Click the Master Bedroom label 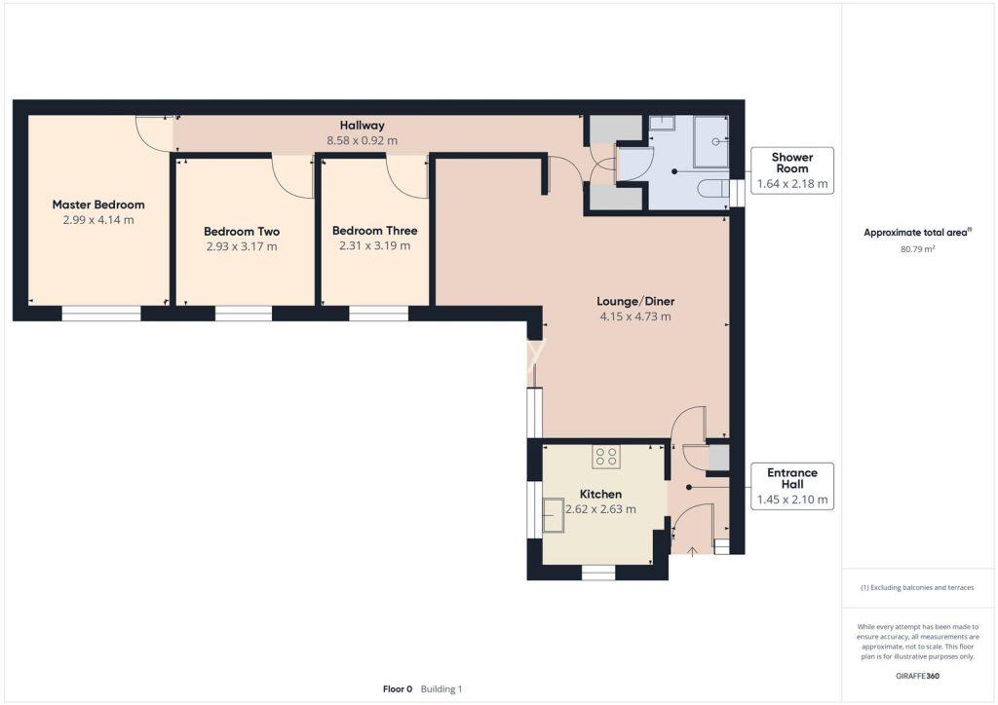pos(98,204)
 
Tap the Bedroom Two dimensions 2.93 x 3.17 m pos(242,247)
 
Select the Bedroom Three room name pos(374,231)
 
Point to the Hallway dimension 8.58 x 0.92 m pos(362,141)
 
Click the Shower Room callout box pos(791,170)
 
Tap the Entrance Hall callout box pos(791,487)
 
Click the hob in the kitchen pos(606,456)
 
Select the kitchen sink pos(554,515)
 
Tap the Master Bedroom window pos(101,314)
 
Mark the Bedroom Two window pos(244,314)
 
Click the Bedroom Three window pos(378,314)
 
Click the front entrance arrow pos(692,553)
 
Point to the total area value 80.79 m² pos(918,249)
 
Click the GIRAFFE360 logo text pos(918,674)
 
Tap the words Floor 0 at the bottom pos(399,688)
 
